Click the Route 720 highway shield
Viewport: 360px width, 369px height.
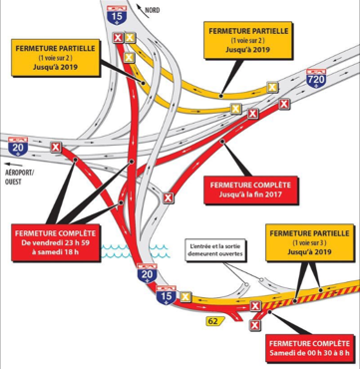click(x=317, y=79)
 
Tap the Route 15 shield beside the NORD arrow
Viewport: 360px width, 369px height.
click(x=117, y=15)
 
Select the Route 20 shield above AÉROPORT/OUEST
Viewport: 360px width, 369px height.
click(x=18, y=147)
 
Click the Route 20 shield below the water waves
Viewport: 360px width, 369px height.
click(x=147, y=273)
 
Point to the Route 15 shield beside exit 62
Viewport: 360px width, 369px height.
click(x=167, y=295)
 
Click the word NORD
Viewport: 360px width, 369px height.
click(x=153, y=10)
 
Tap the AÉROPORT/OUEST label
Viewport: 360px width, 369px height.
click(x=19, y=177)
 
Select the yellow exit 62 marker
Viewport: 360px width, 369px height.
click(x=215, y=321)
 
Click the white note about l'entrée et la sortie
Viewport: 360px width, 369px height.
click(x=213, y=249)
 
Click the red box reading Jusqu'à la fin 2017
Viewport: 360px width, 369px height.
click(x=250, y=189)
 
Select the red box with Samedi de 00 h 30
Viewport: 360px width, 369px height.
click(x=309, y=348)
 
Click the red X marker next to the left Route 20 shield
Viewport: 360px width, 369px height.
click(x=56, y=147)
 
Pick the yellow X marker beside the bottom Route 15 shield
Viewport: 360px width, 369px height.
click(x=185, y=296)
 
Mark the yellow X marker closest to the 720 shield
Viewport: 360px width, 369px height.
click(x=272, y=88)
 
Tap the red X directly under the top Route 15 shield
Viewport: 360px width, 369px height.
click(x=118, y=38)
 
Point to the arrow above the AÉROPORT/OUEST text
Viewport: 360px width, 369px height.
click(x=14, y=165)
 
